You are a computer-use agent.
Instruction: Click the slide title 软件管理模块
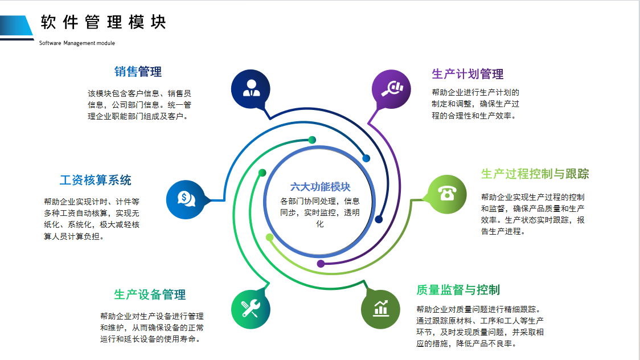103,23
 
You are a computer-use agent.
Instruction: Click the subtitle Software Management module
77,43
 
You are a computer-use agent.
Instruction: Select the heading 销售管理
138,72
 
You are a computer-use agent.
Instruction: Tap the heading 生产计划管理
467,74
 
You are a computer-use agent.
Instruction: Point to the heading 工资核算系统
96,181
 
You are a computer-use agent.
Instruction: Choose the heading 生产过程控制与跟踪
535,174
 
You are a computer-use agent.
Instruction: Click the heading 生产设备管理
150,295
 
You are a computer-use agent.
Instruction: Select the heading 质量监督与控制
458,290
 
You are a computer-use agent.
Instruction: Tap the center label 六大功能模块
320,187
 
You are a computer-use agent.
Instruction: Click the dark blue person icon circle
251,89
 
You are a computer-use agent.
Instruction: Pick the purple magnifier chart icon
391,89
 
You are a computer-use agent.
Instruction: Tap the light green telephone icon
446,194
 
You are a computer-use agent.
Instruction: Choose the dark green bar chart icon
380,309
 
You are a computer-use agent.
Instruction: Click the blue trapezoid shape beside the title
17,26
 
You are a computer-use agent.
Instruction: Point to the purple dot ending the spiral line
321,264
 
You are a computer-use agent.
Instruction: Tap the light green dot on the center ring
269,236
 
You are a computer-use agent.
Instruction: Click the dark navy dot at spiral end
379,219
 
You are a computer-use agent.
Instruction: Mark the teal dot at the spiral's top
311,140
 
